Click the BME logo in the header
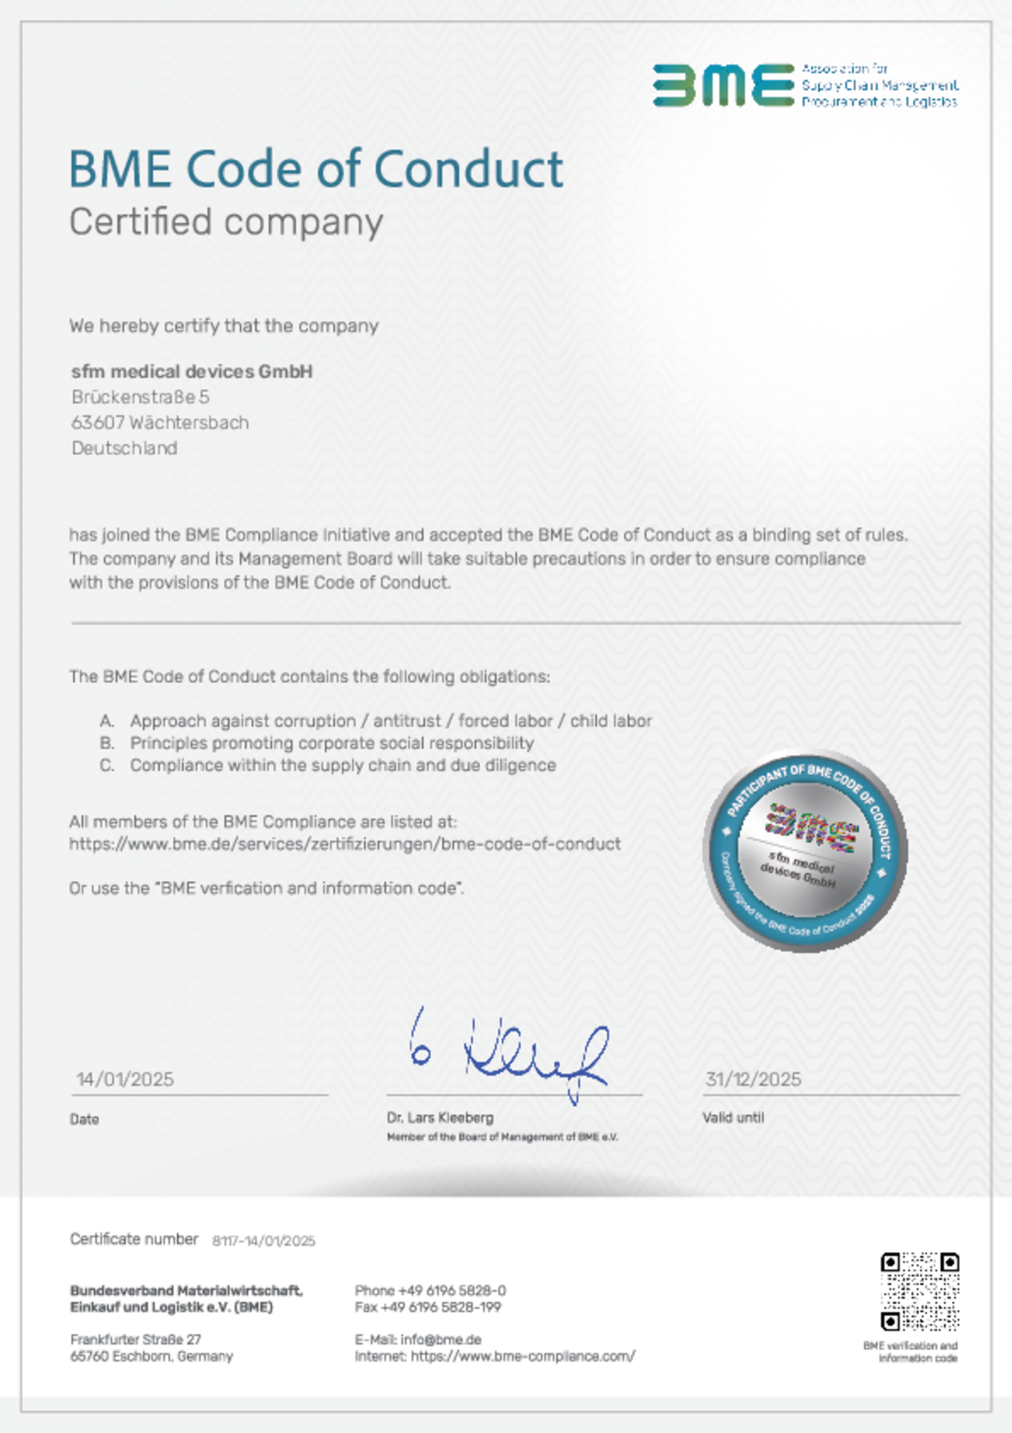[723, 85]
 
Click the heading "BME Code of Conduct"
[316, 169]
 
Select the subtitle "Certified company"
[226, 222]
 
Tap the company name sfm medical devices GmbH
[191, 372]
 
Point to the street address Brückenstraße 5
[140, 397]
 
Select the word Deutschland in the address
[124, 448]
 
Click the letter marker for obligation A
[106, 721]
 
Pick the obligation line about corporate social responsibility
[332, 743]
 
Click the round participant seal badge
[805, 851]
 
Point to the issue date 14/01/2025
[125, 1079]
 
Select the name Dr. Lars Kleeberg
[440, 1117]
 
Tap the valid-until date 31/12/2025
[753, 1079]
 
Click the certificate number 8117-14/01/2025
[264, 1241]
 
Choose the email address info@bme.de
[441, 1339]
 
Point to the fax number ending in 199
[427, 1307]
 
